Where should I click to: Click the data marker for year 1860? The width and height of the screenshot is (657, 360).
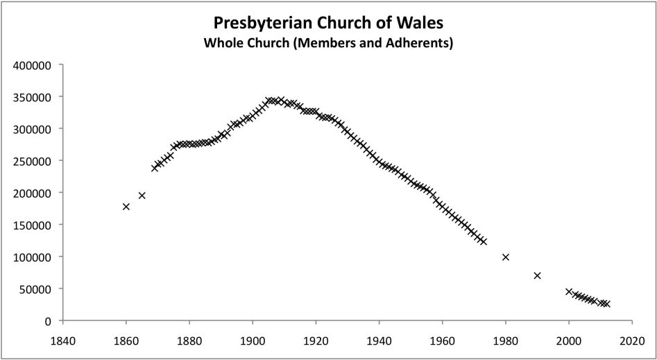click(126, 207)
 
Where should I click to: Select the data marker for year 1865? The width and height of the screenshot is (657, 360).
click(142, 196)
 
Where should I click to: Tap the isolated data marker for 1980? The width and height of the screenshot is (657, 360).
click(506, 257)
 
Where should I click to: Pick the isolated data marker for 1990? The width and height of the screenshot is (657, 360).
click(537, 275)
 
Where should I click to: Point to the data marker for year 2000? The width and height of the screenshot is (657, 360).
click(569, 292)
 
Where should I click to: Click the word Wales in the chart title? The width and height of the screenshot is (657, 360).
click(420, 23)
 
